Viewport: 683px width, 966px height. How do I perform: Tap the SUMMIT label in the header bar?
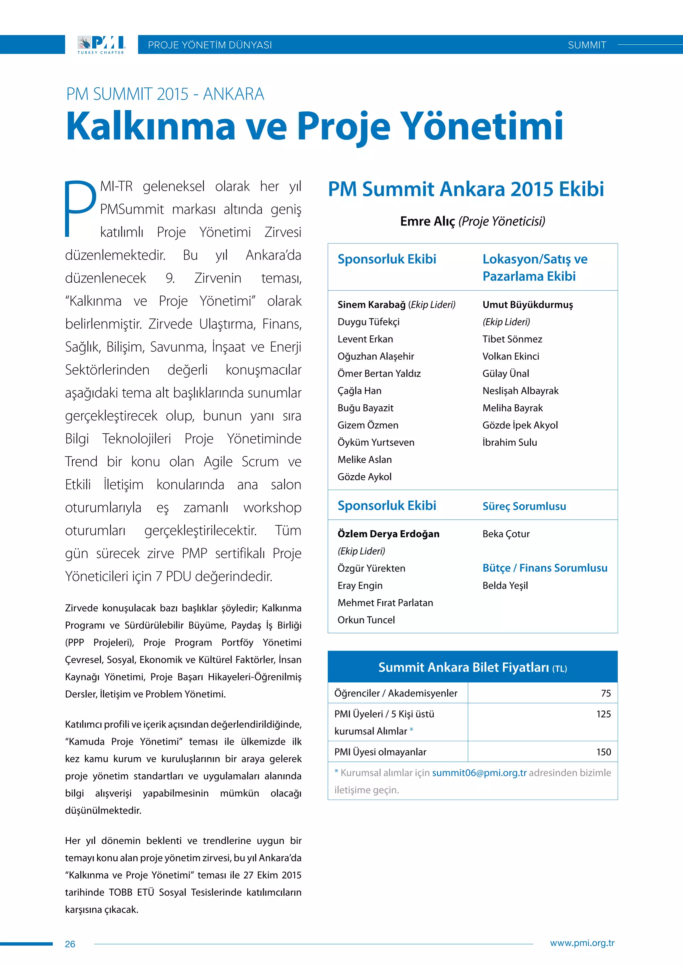coord(587,45)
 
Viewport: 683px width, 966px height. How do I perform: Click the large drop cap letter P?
coord(80,208)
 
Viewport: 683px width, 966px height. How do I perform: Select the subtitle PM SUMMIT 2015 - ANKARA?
coord(165,94)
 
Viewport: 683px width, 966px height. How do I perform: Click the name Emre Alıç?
coord(427,221)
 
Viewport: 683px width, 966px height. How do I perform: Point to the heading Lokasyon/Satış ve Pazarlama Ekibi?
coord(535,267)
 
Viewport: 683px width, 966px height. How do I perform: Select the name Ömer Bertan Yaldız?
coord(379,373)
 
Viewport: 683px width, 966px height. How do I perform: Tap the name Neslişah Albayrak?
coord(520,391)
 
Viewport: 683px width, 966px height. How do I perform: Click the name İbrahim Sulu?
coord(509,442)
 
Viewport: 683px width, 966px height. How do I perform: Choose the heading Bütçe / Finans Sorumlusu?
coord(545,568)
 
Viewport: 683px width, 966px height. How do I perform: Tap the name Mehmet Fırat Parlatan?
coord(385,602)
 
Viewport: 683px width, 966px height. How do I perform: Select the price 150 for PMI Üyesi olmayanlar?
coord(604,752)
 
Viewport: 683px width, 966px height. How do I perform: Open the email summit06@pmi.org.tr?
coord(479,773)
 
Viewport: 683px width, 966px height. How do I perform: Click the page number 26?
coord(70,944)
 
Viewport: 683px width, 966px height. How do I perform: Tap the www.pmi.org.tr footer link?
coord(582,943)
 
